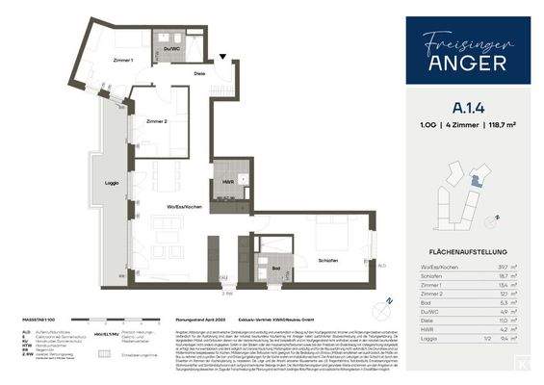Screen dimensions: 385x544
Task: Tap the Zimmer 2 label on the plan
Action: [157, 122]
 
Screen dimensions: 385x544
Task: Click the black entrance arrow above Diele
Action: [224, 60]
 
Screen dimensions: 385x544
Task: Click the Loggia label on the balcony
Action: [112, 182]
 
